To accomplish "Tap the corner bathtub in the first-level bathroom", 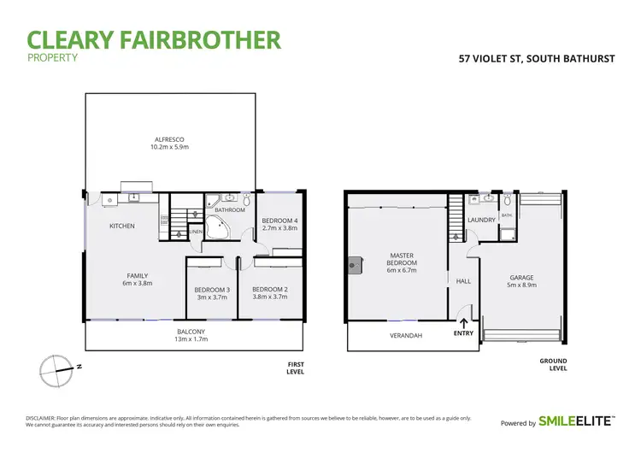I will tap(218, 226).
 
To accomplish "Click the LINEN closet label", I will tap(195, 232).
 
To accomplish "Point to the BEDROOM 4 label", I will tap(278, 221).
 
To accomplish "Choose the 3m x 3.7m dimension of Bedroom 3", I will tap(211, 298).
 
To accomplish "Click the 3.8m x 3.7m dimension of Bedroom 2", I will tap(269, 298).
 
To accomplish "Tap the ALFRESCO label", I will tap(169, 138).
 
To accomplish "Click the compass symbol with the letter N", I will tap(56, 369).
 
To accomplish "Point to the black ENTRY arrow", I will tap(464, 323).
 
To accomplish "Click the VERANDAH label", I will tap(406, 335).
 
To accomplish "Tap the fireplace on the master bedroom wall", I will tap(351, 266).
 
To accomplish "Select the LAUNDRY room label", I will tap(481, 220).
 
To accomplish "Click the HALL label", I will tap(463, 280).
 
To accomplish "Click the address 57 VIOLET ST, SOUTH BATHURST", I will tap(538, 59).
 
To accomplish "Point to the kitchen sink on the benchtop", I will tap(133, 198).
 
